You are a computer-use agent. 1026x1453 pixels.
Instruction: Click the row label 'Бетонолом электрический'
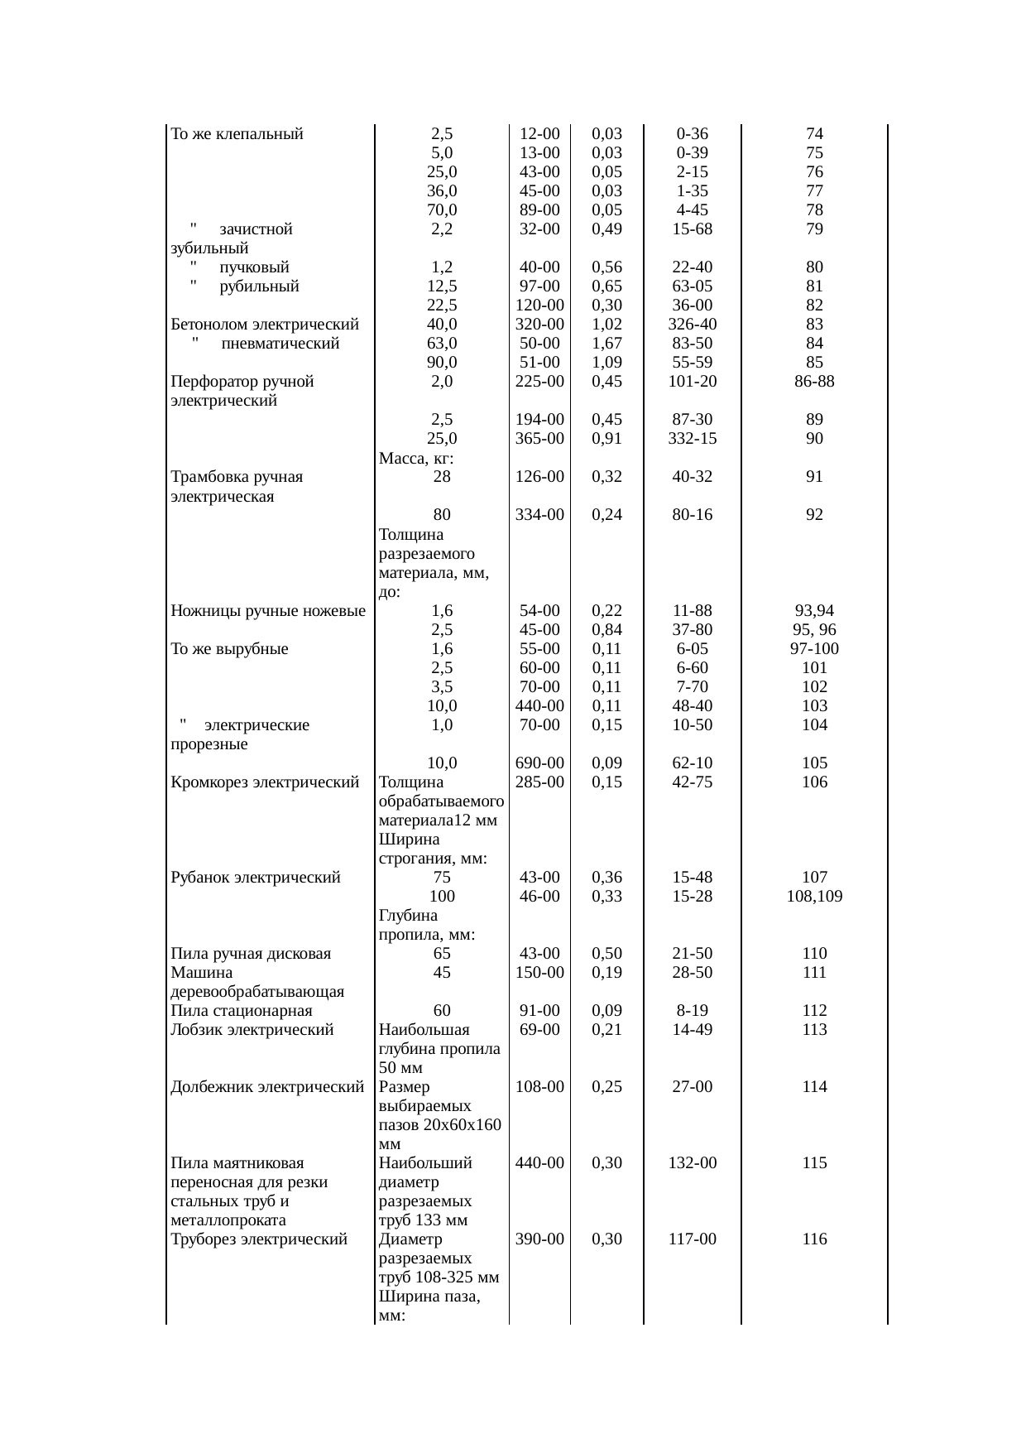point(264,325)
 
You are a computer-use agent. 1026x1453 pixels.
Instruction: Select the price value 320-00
point(539,325)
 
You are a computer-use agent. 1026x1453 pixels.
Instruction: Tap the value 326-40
point(692,325)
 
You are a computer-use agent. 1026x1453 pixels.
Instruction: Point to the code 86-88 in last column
point(814,382)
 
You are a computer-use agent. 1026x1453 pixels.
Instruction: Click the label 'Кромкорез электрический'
point(264,782)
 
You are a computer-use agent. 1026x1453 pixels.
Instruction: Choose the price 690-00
point(539,763)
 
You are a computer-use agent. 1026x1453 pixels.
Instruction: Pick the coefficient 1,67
point(607,344)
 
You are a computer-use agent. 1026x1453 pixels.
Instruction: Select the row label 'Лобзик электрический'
point(252,1030)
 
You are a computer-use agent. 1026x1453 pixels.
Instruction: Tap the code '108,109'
point(814,897)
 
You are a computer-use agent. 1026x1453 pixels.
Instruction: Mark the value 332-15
point(692,439)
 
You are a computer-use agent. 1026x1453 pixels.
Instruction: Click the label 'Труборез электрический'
point(258,1239)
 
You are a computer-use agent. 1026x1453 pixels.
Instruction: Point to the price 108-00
point(539,1087)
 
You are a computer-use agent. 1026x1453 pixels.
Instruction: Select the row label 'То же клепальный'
point(237,134)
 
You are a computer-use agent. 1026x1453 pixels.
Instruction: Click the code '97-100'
point(814,649)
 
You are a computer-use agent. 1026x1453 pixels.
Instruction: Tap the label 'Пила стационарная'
point(241,1011)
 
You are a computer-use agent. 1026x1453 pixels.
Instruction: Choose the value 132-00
point(692,1163)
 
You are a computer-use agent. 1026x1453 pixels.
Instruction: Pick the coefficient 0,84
point(607,630)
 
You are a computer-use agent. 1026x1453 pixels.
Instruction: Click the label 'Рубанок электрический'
point(255,878)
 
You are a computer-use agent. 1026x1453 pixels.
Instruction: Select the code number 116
point(814,1239)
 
